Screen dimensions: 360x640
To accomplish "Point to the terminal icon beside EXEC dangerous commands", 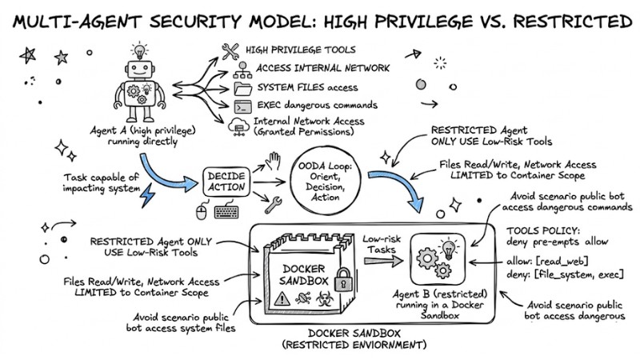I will [240, 106].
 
